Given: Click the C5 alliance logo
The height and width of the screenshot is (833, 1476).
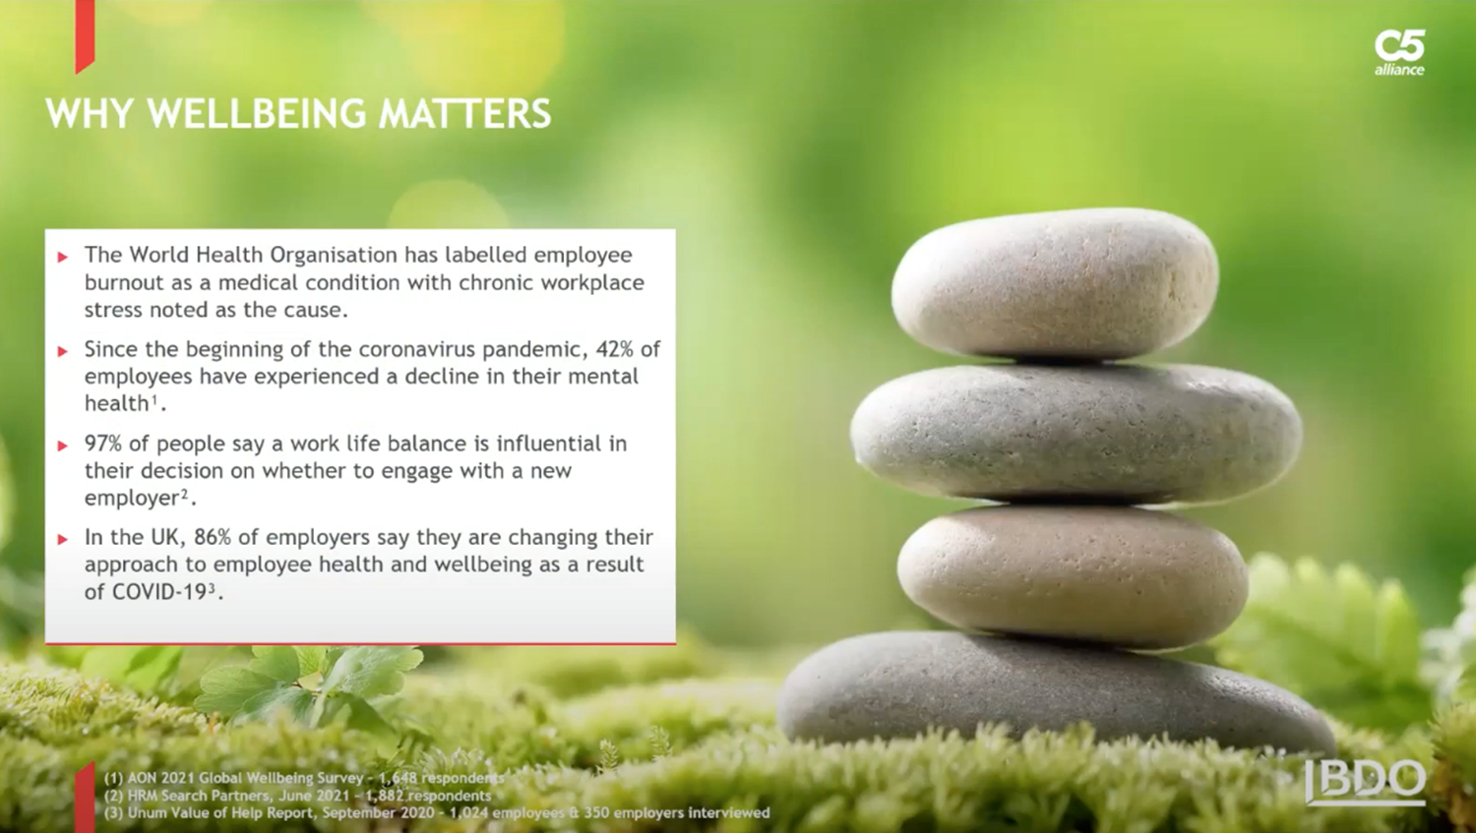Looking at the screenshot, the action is pos(1399,52).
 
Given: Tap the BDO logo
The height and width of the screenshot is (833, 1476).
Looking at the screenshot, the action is pos(1366,782).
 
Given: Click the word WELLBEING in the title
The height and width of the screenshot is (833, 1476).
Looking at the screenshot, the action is pos(256,113).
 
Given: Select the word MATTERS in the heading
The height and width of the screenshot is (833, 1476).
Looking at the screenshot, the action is pos(464,113).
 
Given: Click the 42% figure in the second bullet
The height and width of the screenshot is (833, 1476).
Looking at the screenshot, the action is pos(614,349).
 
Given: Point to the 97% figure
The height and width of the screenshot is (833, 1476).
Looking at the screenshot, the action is pos(102,444).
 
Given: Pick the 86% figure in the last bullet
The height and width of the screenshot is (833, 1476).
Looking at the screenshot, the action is pos(213,537).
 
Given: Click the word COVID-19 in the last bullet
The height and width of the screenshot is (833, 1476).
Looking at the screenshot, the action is pos(159,592).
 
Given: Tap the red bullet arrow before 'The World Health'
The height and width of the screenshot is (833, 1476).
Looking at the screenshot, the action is pos(63,257).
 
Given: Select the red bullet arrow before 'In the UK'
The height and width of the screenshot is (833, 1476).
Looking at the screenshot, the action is pos(63,539).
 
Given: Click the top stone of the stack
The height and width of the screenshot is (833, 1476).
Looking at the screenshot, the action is pos(1054,284).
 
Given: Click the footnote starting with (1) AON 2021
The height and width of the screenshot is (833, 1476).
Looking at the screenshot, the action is pos(304,778).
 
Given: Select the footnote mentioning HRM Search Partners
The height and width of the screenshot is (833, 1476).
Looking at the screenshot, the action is pos(297,796).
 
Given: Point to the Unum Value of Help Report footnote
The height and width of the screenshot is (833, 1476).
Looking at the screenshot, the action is pos(437,813).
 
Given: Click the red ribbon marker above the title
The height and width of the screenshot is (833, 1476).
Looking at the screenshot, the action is pos(85,35).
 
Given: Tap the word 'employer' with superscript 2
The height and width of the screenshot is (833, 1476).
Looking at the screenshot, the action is pos(132,499).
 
